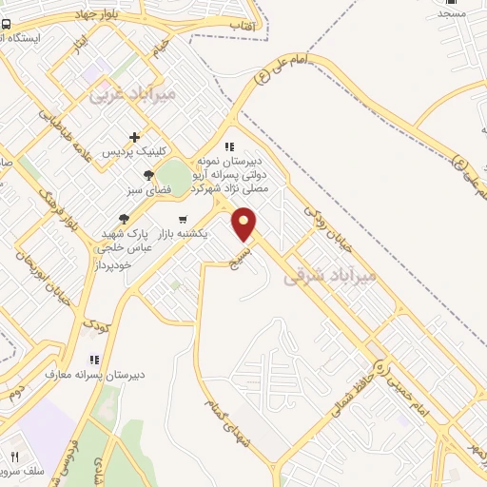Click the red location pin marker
245,224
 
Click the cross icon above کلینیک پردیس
134,138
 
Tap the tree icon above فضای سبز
148,174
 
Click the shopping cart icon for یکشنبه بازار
182,219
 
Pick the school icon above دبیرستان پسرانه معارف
93,360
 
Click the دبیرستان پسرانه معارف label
95,374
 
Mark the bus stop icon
7,24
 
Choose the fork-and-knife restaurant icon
14,457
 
